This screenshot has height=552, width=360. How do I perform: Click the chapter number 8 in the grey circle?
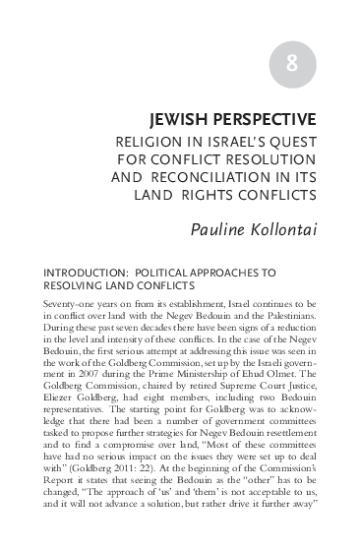coord(291,66)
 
